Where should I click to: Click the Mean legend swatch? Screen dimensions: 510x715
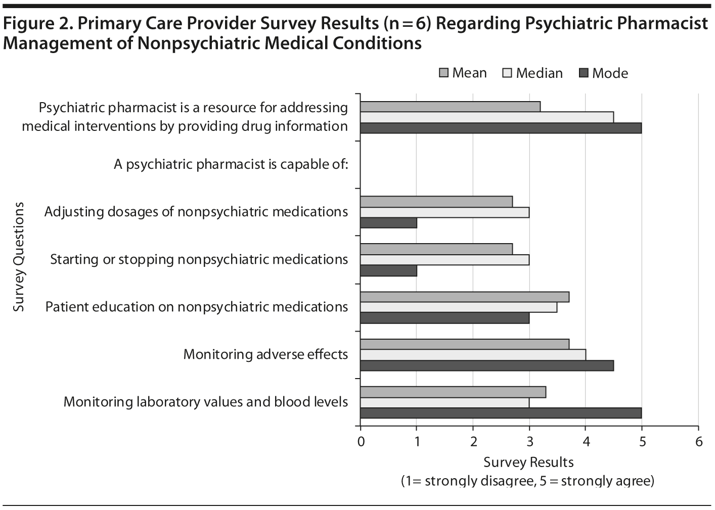tap(443, 73)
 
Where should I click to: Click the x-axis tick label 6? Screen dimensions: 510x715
tap(698, 442)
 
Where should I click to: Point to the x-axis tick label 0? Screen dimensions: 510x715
tap(361, 442)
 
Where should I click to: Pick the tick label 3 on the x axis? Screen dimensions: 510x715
tap(529, 442)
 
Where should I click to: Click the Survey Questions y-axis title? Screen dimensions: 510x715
tap(19, 257)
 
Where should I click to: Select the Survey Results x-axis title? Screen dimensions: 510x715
tap(528, 462)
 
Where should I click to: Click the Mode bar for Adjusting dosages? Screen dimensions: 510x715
tap(388, 223)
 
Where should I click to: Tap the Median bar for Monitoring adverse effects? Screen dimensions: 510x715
tap(473, 354)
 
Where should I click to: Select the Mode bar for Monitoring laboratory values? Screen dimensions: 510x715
tap(501, 413)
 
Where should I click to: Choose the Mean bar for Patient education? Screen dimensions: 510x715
tap(464, 297)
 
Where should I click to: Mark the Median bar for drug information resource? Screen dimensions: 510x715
tap(486, 117)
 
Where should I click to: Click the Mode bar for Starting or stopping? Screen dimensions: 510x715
tap(388, 271)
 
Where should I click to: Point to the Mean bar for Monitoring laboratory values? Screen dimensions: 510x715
tap(453, 392)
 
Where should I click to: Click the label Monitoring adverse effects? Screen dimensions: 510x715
tap(265, 354)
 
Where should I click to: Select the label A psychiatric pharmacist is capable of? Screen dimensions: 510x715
tap(231, 164)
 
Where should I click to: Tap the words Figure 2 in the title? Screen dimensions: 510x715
tap(34, 24)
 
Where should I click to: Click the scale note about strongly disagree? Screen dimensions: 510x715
tap(528, 480)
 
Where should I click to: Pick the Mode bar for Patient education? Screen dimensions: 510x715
tap(444, 318)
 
